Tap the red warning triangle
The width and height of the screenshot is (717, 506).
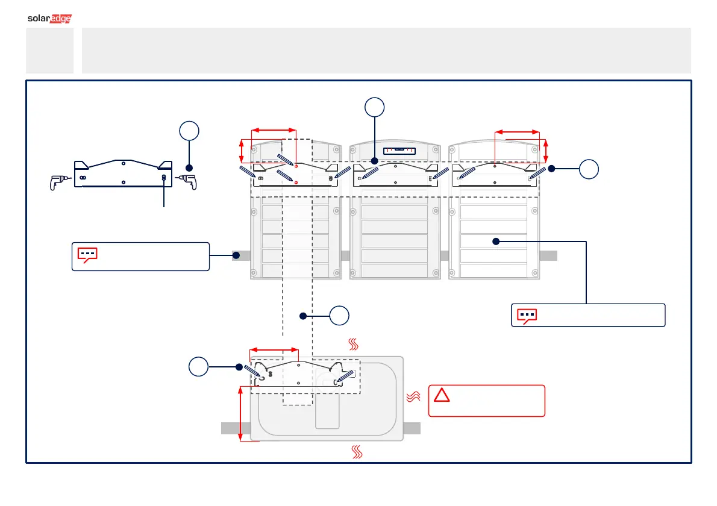pos(442,396)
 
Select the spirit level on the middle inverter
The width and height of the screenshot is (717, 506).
pos(397,149)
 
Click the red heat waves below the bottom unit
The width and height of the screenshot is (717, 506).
pos(355,453)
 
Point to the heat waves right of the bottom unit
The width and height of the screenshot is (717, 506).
pos(413,396)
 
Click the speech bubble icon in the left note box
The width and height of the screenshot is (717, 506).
pos(87,255)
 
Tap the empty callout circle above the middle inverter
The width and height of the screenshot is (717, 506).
pos(375,107)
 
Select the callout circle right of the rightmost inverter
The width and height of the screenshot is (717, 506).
pos(589,169)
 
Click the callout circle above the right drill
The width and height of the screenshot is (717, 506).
pos(189,131)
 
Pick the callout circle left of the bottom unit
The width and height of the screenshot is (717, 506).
pos(198,367)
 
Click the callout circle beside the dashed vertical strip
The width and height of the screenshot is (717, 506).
pos(340,315)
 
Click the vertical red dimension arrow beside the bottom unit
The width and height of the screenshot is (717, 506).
pos(241,414)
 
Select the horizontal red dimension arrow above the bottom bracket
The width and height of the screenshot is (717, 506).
pos(274,349)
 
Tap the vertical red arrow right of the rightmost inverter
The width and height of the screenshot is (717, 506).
pos(546,151)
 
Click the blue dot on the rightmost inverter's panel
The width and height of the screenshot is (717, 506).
pos(496,242)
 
